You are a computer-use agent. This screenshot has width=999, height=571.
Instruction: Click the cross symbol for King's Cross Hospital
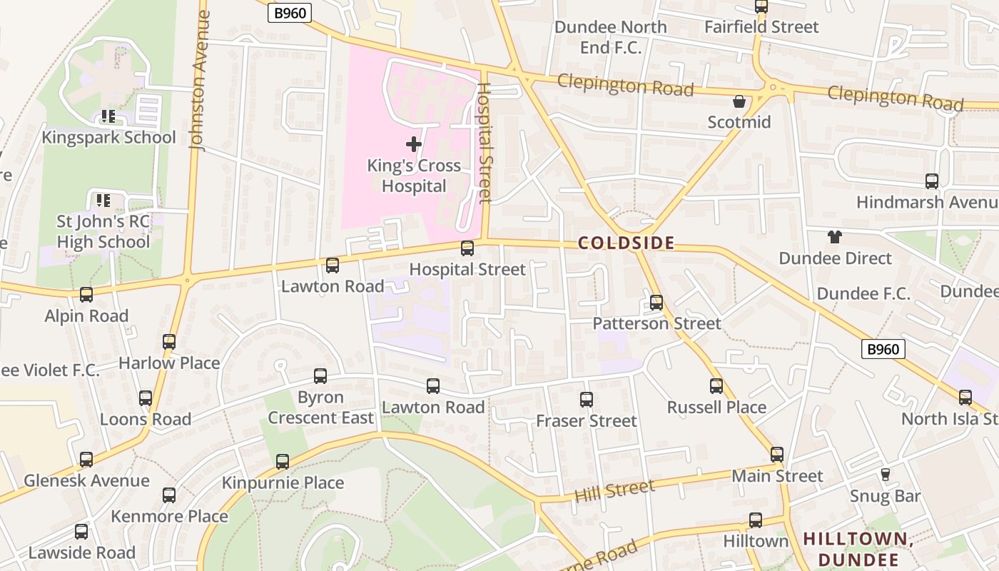coord(413,145)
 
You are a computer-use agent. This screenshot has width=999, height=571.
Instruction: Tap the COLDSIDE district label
coord(626,243)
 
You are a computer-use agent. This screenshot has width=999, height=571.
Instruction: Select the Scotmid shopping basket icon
coord(739,102)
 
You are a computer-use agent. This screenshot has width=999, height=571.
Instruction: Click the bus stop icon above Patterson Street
coord(656,303)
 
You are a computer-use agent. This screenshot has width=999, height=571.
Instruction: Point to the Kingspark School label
coord(108,137)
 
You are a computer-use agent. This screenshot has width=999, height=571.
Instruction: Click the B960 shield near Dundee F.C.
coord(883,349)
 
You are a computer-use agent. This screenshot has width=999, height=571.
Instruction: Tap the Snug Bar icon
coord(886,475)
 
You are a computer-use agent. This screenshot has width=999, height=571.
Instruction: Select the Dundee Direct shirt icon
coord(834,237)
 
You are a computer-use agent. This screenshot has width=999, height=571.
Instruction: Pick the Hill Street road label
coord(615,492)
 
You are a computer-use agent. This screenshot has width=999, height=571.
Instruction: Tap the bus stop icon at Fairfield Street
coord(761,7)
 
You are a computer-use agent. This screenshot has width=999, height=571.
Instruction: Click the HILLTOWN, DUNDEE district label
coord(859,548)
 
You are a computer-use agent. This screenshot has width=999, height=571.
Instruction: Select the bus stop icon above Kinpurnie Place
coord(283,462)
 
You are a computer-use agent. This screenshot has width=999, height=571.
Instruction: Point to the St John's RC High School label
coord(103,231)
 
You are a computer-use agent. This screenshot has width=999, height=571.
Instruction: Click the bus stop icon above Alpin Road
coord(86,295)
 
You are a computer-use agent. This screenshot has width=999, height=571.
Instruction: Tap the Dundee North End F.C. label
coord(610,37)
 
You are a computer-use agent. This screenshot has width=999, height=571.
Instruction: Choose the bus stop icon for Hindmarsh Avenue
coord(931,181)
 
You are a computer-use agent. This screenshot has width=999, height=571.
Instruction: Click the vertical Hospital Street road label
coord(485,143)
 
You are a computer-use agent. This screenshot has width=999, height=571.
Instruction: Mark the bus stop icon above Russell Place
coord(716,386)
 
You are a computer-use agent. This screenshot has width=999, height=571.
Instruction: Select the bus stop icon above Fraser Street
coord(587,400)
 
